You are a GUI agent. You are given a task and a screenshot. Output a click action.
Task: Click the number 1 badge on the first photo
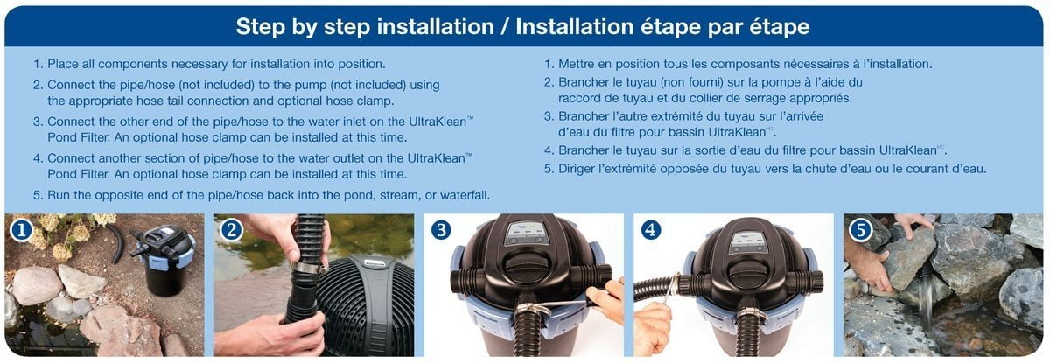(x=21, y=230)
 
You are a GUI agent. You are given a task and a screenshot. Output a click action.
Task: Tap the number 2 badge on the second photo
(x=231, y=230)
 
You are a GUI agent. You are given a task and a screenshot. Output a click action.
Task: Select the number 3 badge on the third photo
(x=441, y=230)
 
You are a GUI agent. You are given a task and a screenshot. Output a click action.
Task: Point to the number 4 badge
(x=651, y=230)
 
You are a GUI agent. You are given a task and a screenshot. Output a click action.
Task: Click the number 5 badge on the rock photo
(x=861, y=230)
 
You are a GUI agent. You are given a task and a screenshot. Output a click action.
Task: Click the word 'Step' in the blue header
(x=260, y=27)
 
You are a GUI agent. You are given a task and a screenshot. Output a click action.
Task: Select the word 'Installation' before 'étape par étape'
(x=575, y=27)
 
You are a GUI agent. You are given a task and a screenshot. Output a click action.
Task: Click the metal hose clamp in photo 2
(x=310, y=268)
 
